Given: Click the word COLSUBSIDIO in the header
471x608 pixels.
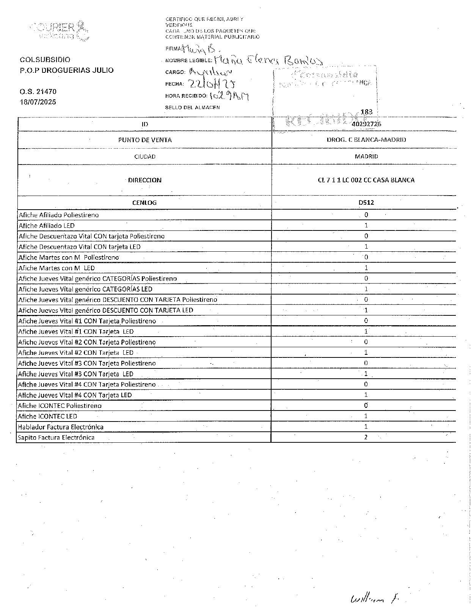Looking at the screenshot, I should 45,60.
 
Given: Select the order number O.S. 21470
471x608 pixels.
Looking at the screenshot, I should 38,91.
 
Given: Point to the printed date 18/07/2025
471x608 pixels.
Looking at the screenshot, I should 38,102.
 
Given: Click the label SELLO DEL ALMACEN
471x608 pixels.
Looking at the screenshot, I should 192,108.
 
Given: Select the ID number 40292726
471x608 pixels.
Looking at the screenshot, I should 366,124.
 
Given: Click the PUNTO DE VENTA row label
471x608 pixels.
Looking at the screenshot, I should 145,140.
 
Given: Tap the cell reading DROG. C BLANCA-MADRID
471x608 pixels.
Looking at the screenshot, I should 366,140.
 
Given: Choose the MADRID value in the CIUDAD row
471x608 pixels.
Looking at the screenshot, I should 366,157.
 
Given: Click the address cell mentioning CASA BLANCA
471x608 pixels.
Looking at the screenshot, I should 366,180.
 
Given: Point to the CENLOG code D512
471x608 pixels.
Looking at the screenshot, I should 366,202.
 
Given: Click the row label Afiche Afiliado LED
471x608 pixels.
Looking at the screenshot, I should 47,226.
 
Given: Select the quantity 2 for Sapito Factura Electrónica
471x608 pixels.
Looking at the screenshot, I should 366,437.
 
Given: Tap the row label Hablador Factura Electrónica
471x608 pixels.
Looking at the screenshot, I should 61,427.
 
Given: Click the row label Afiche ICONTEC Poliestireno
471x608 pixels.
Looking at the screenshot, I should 60,406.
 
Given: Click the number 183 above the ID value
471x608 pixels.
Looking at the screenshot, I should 367,112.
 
